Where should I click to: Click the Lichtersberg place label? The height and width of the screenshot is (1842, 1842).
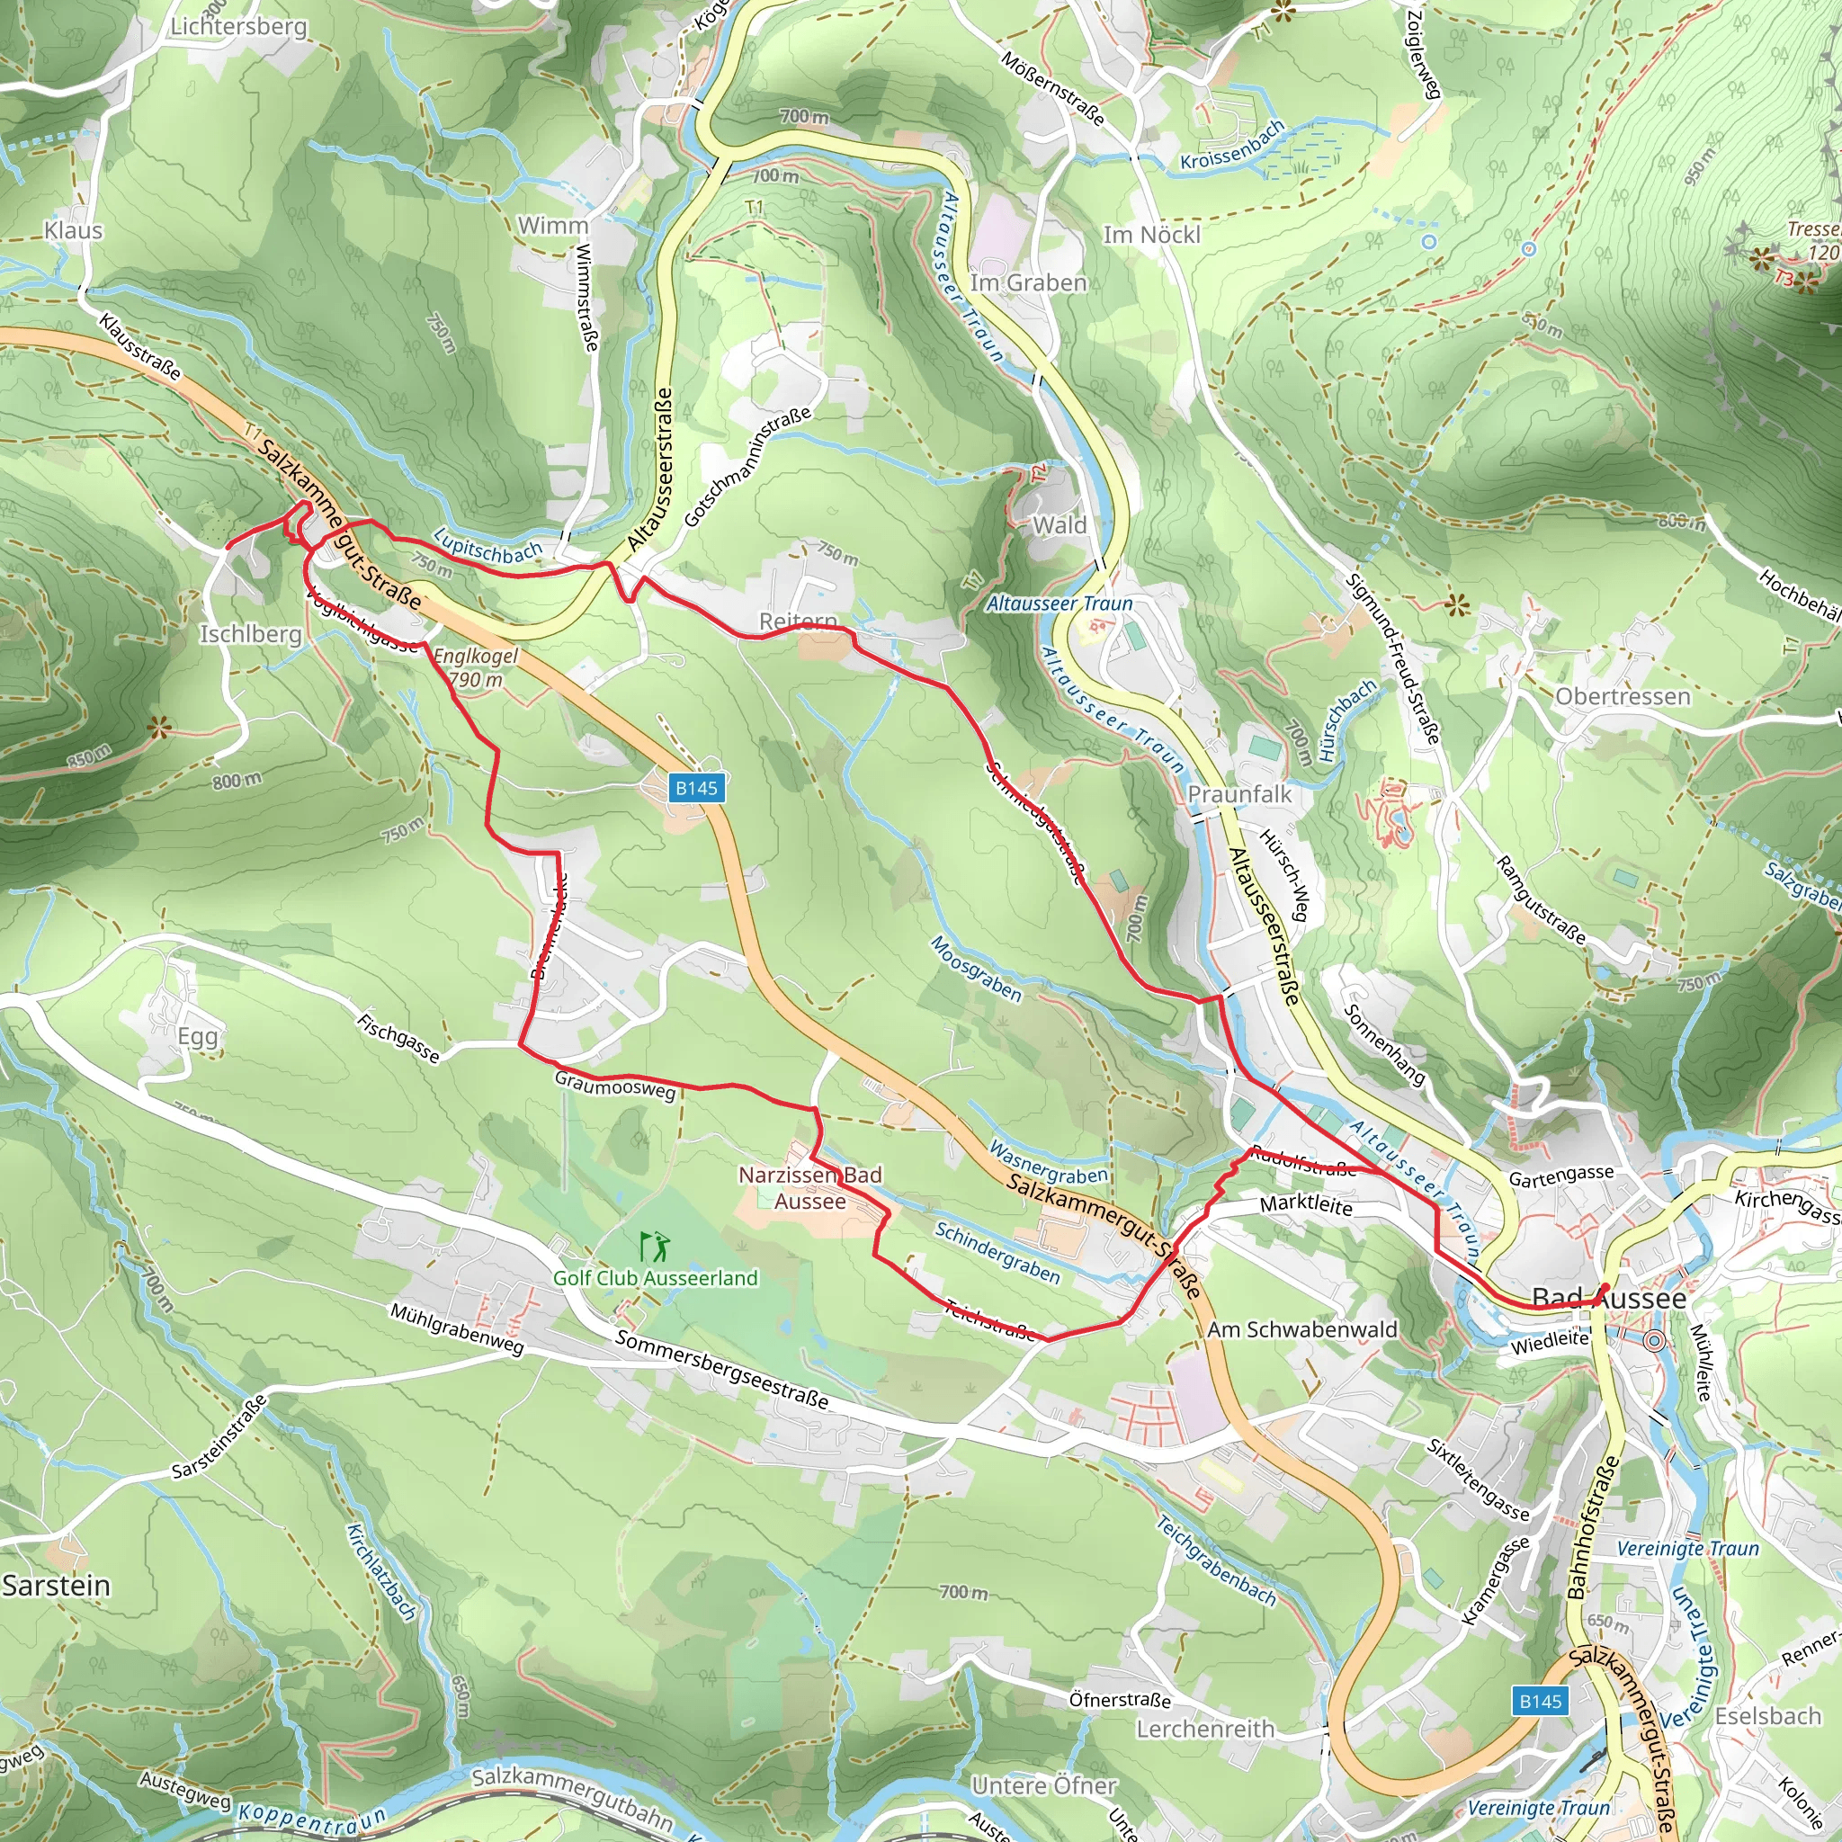click(238, 27)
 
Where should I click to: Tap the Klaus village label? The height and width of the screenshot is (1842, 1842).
click(74, 231)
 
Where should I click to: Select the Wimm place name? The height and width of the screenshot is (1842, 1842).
click(553, 226)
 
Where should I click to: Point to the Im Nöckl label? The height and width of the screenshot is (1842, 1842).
click(1152, 235)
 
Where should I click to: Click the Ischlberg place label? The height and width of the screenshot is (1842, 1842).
click(250, 634)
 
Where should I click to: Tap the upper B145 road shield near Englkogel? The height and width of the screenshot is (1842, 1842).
click(696, 788)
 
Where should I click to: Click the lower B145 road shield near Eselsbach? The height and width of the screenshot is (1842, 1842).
click(1540, 1701)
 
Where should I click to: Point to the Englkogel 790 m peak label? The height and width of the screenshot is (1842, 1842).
click(476, 668)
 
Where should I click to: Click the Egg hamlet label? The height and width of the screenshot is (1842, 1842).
click(197, 1036)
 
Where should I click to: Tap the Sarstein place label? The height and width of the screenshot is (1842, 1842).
click(57, 1586)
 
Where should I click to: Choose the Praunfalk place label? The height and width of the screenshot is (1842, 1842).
click(1239, 794)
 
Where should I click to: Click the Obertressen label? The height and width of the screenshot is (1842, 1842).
click(1623, 697)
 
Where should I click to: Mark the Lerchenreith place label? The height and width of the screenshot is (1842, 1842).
click(1205, 1729)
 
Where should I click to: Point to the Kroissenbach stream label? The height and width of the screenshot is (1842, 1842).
click(1232, 146)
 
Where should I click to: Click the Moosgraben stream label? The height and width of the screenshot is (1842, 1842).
click(976, 969)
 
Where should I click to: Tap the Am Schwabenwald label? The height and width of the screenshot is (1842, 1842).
click(1301, 1330)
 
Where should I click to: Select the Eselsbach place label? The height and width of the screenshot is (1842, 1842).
click(1767, 1716)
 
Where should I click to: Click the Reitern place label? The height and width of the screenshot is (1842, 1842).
click(798, 621)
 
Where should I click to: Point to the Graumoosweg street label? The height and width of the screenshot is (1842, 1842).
click(615, 1085)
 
